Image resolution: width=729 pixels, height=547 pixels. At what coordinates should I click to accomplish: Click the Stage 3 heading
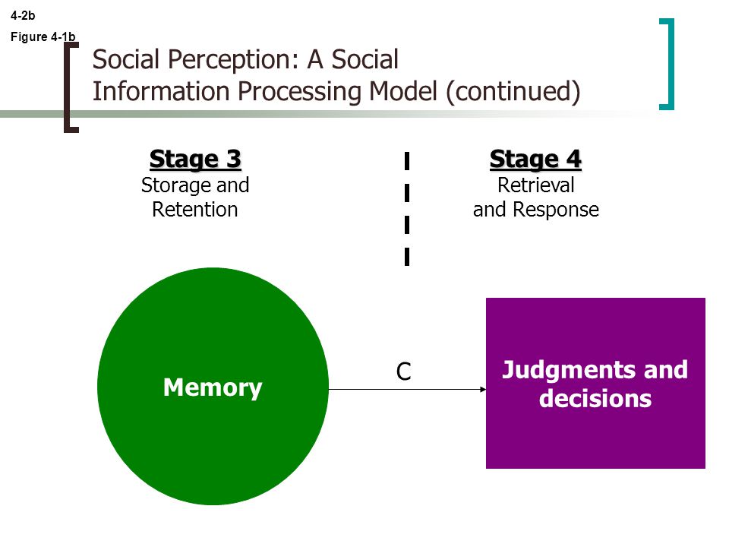click(195, 160)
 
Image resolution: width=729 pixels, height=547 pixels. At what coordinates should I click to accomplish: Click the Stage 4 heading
click(535, 160)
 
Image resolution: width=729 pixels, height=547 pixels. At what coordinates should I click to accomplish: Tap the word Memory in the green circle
click(213, 388)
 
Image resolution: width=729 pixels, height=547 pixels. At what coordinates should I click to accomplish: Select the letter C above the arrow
click(403, 372)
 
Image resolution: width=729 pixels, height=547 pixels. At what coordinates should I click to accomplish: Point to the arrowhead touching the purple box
click(483, 389)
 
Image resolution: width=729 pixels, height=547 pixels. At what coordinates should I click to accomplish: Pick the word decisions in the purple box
click(595, 399)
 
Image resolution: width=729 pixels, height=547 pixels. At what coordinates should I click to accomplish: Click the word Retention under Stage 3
click(195, 210)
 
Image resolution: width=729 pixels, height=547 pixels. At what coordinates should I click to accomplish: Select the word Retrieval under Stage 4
click(535, 185)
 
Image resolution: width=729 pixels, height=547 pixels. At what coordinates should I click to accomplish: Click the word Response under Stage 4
click(556, 210)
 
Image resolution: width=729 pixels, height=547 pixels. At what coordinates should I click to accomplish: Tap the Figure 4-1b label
click(43, 36)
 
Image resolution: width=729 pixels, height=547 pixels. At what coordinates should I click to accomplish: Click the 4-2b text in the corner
click(23, 15)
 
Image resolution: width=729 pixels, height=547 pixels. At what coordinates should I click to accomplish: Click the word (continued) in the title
click(513, 92)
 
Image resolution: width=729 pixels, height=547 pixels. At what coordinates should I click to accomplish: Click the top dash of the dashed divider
click(407, 160)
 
